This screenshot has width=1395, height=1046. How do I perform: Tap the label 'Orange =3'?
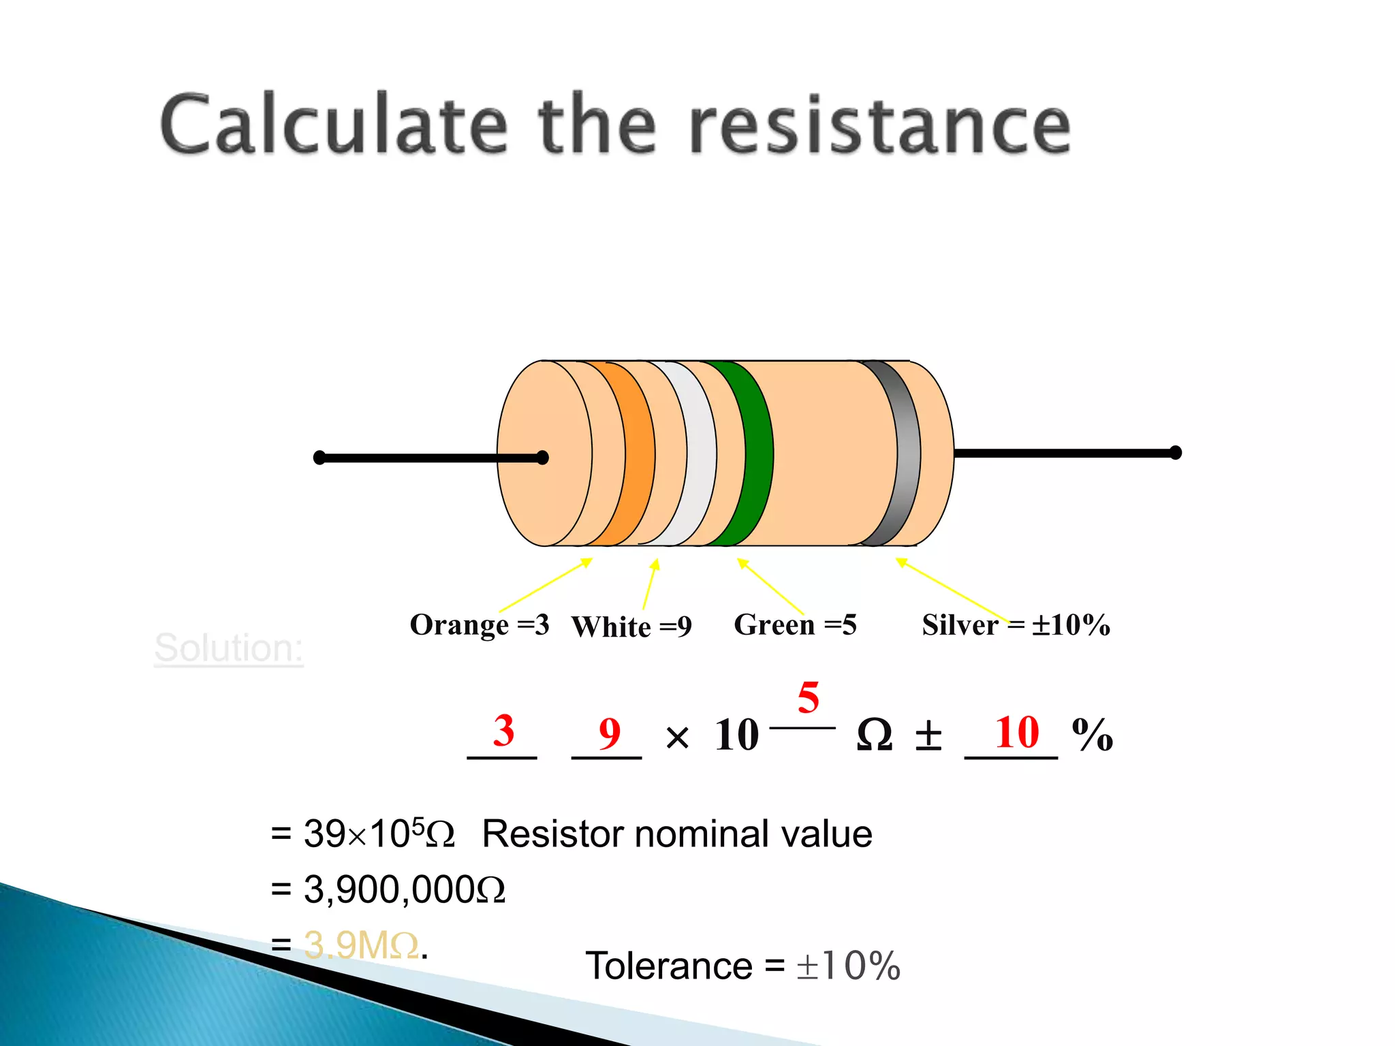pyautogui.click(x=479, y=624)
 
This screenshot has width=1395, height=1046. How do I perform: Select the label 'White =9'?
pyautogui.click(x=631, y=627)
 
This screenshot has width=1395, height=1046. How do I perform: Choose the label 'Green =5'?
pyautogui.click(x=795, y=624)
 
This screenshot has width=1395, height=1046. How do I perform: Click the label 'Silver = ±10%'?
pyautogui.click(x=1016, y=624)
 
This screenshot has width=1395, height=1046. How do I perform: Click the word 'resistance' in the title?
pyautogui.click(x=879, y=127)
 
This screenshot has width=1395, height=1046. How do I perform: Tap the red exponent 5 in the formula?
pyautogui.click(x=808, y=697)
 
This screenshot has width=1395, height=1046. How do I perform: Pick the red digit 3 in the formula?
pyautogui.click(x=503, y=731)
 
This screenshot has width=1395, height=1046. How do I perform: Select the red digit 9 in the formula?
pyautogui.click(x=610, y=733)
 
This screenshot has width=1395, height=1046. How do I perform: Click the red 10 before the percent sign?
pyautogui.click(x=1017, y=733)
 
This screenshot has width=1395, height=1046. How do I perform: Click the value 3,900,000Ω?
pyautogui.click(x=404, y=889)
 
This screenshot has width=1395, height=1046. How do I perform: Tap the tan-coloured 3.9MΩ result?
pyautogui.click(x=361, y=945)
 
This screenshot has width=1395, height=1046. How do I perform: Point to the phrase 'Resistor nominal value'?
pyautogui.click(x=676, y=834)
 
